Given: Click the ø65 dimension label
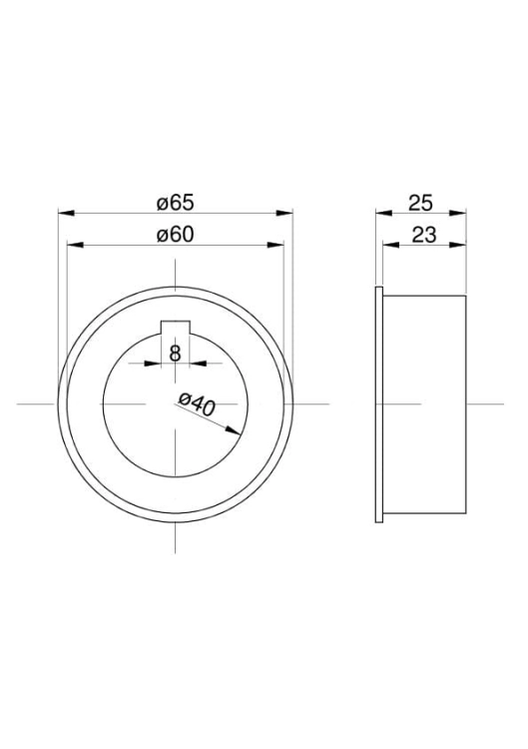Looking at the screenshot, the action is coord(176,203).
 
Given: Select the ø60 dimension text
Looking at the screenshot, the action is coord(176,235).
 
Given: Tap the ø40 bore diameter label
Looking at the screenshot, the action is coord(197,403).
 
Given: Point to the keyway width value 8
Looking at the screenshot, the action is coord(176,354).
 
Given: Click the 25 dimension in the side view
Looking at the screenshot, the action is coord(420,203).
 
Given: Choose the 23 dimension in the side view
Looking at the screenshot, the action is coord(424,235).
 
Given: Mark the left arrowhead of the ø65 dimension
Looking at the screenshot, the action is coord(66,213).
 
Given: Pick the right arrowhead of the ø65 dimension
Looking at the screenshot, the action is coord(284,213).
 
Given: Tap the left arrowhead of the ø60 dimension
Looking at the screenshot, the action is coord(76,245).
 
